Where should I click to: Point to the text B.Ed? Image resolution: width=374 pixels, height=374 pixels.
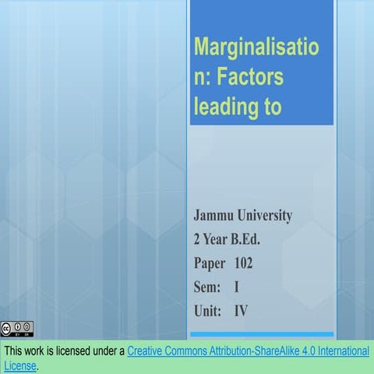pyautogui.click(x=257, y=239)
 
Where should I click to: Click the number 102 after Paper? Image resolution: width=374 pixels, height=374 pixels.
pyautogui.click(x=243, y=263)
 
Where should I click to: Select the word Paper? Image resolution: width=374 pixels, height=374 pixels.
pyautogui.click(x=210, y=263)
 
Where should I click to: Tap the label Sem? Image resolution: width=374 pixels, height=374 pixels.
pyautogui.click(x=208, y=287)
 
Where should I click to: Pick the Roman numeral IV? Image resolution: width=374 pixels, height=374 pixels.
pyautogui.click(x=242, y=311)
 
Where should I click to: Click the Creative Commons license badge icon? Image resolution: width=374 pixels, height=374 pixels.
pyautogui.click(x=17, y=328)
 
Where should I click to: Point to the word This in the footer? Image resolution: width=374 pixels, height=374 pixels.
pyautogui.click(x=16, y=351)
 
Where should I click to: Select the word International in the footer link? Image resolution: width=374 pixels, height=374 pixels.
pyautogui.click(x=337, y=351)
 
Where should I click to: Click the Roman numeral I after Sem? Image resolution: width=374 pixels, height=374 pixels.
pyautogui.click(x=236, y=287)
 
